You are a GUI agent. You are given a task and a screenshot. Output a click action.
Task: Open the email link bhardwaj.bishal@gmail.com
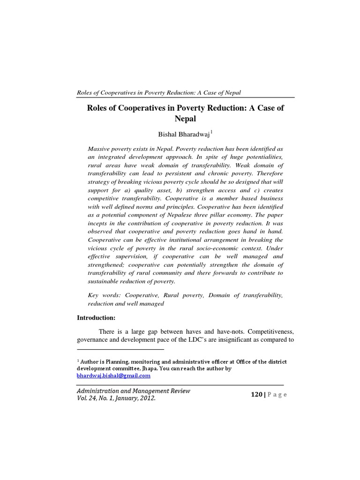(113, 375)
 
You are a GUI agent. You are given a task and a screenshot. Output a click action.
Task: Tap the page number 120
(257, 395)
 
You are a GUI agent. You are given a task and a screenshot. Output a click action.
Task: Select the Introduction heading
(96, 317)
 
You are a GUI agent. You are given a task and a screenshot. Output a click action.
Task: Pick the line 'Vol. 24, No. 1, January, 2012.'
(116, 398)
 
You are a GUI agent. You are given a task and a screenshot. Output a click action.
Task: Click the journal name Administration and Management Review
(134, 390)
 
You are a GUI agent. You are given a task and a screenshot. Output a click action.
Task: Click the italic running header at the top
(162, 92)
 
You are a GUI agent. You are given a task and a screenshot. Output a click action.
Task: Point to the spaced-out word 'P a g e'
(277, 395)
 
